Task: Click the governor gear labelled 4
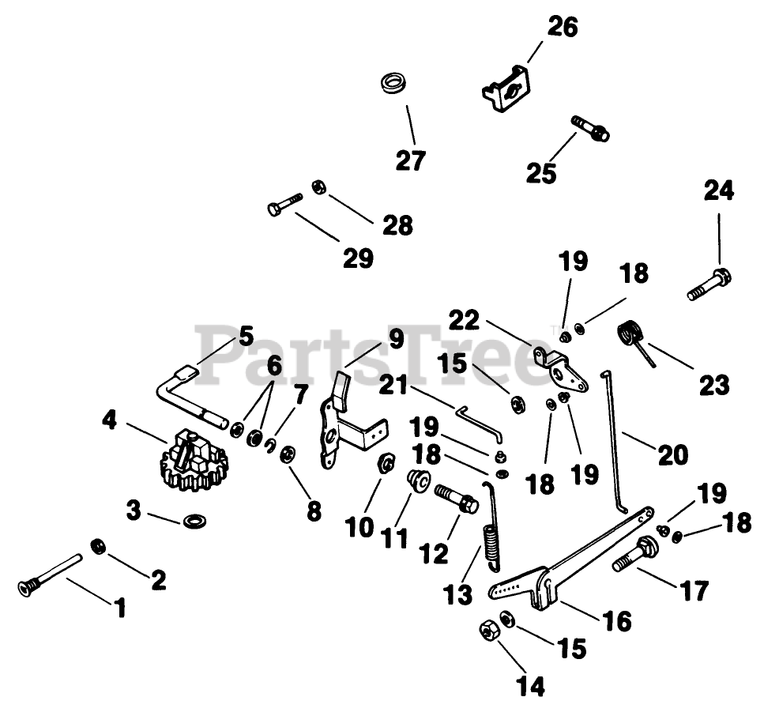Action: click(194, 459)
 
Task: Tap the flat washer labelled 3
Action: click(194, 521)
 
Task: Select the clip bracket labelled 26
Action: click(506, 89)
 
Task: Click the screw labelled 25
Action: click(590, 128)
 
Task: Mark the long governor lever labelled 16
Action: click(570, 558)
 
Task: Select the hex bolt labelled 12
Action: click(456, 497)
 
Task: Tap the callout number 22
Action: click(465, 320)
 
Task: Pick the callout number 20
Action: click(673, 454)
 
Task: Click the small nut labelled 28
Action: click(318, 186)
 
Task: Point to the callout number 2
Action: click(158, 579)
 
